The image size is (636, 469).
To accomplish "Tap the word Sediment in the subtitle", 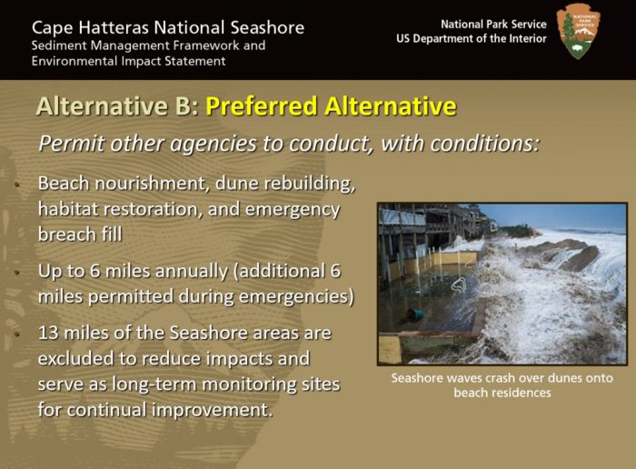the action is point(58,45).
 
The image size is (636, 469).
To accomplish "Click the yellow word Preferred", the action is point(262,106).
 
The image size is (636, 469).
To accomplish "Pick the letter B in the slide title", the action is point(184,106).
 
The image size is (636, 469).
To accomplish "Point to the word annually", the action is point(192,272).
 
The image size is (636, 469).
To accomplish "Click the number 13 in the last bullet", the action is point(48,334).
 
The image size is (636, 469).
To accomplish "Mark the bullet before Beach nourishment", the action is point(17,185).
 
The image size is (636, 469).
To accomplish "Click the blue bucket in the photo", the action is point(413,314).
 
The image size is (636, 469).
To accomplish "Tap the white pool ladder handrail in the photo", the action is point(460,286).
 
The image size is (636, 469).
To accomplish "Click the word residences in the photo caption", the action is point(502,393).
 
